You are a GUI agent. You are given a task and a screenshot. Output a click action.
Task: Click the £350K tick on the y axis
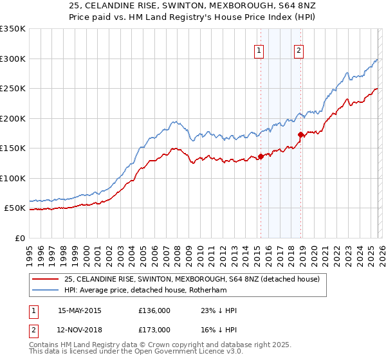pyautogui.click(x=13, y=29)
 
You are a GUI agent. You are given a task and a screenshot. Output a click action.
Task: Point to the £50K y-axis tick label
pyautogui.click(x=15, y=208)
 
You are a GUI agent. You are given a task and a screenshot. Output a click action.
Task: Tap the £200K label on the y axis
pyautogui.click(x=13, y=118)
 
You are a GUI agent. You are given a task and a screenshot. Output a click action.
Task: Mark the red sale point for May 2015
pyautogui.click(x=261, y=156)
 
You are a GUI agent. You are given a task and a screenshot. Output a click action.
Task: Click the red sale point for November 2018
pyautogui.click(x=300, y=134)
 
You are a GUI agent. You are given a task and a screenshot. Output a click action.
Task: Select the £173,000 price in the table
pyautogui.click(x=154, y=329)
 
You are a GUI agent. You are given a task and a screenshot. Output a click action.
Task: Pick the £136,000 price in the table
pyautogui.click(x=154, y=310)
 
